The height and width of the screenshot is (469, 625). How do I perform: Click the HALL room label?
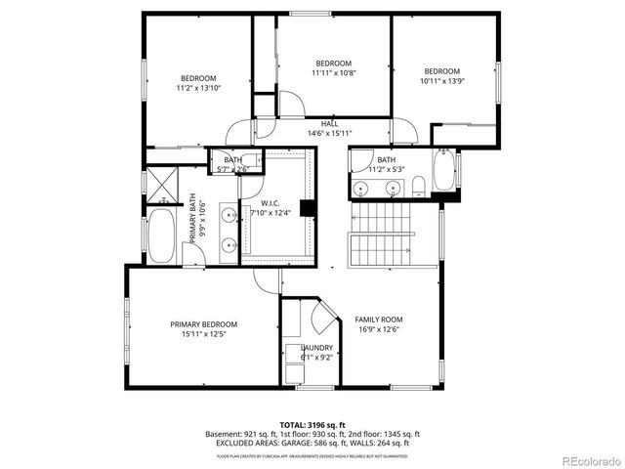tap(329, 124)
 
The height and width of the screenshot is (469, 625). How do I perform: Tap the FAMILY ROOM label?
tap(378, 320)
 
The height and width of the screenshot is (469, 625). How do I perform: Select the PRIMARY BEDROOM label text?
tap(203, 324)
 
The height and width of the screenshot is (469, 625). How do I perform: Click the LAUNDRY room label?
tap(316, 348)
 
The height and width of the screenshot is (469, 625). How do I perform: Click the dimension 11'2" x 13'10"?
tap(198, 88)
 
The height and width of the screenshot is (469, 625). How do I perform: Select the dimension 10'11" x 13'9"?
tap(441, 81)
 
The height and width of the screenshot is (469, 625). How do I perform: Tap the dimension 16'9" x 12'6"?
tap(378, 329)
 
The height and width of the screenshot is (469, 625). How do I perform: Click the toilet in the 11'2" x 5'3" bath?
tap(417, 185)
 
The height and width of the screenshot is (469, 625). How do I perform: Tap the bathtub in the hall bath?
tap(443, 171)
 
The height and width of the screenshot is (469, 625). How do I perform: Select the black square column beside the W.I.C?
tap(307, 207)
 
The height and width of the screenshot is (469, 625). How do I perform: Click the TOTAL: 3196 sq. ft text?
tap(312, 425)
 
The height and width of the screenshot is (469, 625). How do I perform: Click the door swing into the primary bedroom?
tap(266, 280)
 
